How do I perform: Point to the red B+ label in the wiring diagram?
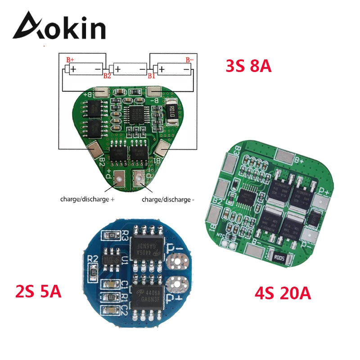tap(70, 59)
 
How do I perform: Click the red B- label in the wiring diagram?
tap(190, 59)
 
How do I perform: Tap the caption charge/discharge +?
tap(85, 199)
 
